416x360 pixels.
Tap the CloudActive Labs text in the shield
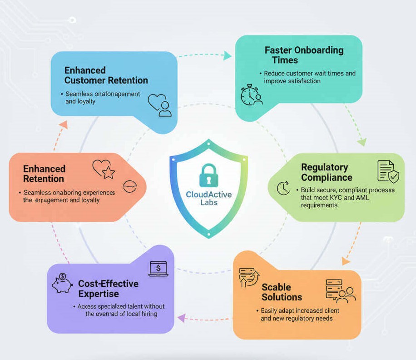pyautogui.click(x=209, y=198)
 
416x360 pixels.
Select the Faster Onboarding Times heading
pyautogui.click(x=304, y=55)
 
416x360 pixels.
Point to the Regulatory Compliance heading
pyautogui.click(x=327, y=172)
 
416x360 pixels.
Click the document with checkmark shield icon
pyautogui.click(x=388, y=171)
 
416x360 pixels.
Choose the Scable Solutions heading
pyautogui.click(x=282, y=292)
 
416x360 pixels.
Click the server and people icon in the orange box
pyautogui.click(x=340, y=291)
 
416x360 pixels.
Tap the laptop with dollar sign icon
pyautogui.click(x=158, y=269)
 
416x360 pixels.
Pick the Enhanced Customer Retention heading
pyautogui.click(x=106, y=75)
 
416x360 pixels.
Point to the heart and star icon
pyautogui.click(x=104, y=169)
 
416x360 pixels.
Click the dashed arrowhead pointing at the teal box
pyautogui.click(x=228, y=56)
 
